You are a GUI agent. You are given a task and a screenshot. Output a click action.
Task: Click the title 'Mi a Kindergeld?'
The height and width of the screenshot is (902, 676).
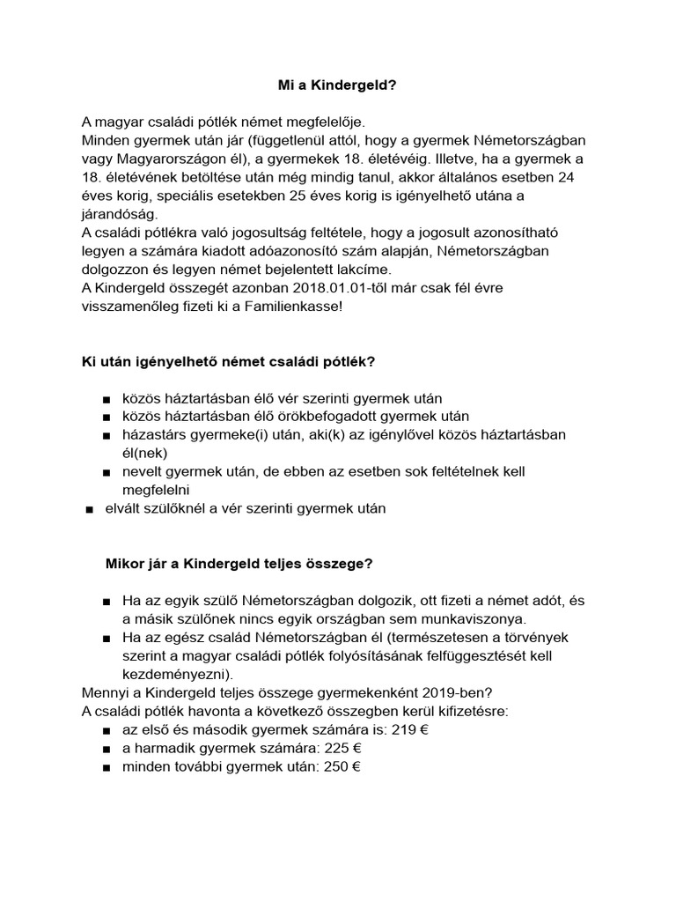[338, 85]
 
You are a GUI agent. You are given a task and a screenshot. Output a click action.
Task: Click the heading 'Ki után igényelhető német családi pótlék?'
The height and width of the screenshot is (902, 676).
[228, 361]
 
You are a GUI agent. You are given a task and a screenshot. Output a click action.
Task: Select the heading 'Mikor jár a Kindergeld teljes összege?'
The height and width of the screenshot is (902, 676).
[239, 563]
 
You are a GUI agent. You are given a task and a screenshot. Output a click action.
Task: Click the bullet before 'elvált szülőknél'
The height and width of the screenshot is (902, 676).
[88, 509]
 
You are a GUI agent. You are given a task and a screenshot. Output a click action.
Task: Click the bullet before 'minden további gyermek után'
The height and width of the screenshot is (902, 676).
[107, 767]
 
